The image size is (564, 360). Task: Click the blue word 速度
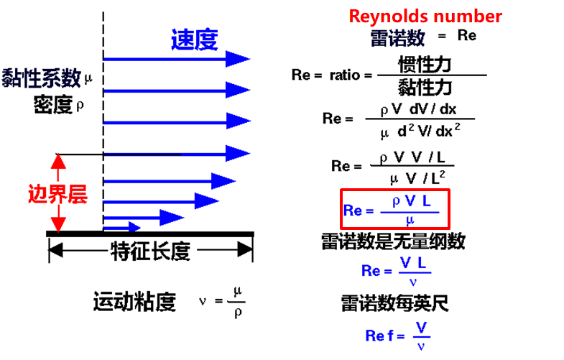(194, 40)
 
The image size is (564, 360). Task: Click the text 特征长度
(150, 251)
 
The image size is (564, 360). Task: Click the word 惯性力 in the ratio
(424, 64)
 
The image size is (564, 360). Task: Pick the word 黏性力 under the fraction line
(424, 87)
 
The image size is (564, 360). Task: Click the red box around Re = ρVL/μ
(396, 208)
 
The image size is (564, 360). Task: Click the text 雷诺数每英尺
(394, 303)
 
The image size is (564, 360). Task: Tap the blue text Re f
(380, 336)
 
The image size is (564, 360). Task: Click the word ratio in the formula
(345, 75)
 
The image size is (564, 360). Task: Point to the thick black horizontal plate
(150, 233)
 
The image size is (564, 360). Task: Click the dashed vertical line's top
(105, 14)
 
